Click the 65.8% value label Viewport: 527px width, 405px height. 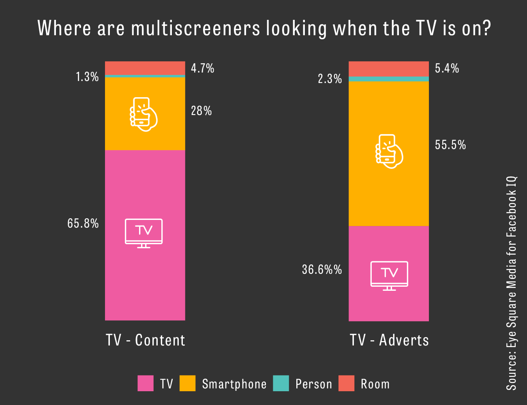[83, 223]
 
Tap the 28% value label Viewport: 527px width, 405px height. [201, 111]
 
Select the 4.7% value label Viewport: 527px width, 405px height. [203, 68]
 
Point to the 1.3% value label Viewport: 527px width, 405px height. [87, 77]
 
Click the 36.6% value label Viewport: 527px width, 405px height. [322, 269]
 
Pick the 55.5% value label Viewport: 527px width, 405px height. [450, 145]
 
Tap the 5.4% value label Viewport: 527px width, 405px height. [447, 68]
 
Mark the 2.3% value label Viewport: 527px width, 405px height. [330, 79]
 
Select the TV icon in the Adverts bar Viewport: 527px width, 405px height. [389, 275]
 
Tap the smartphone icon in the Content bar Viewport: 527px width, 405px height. [143, 114]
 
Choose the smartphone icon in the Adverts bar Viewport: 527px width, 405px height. [389, 151]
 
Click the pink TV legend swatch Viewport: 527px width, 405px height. [146, 384]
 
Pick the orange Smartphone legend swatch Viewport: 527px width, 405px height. [187, 384]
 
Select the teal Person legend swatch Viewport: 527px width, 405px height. [281, 384]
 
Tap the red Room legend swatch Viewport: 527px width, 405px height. [346, 384]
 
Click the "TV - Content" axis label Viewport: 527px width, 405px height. [145, 340]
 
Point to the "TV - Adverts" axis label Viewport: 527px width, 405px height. [389, 340]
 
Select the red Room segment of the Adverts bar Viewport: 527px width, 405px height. [389, 69]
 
